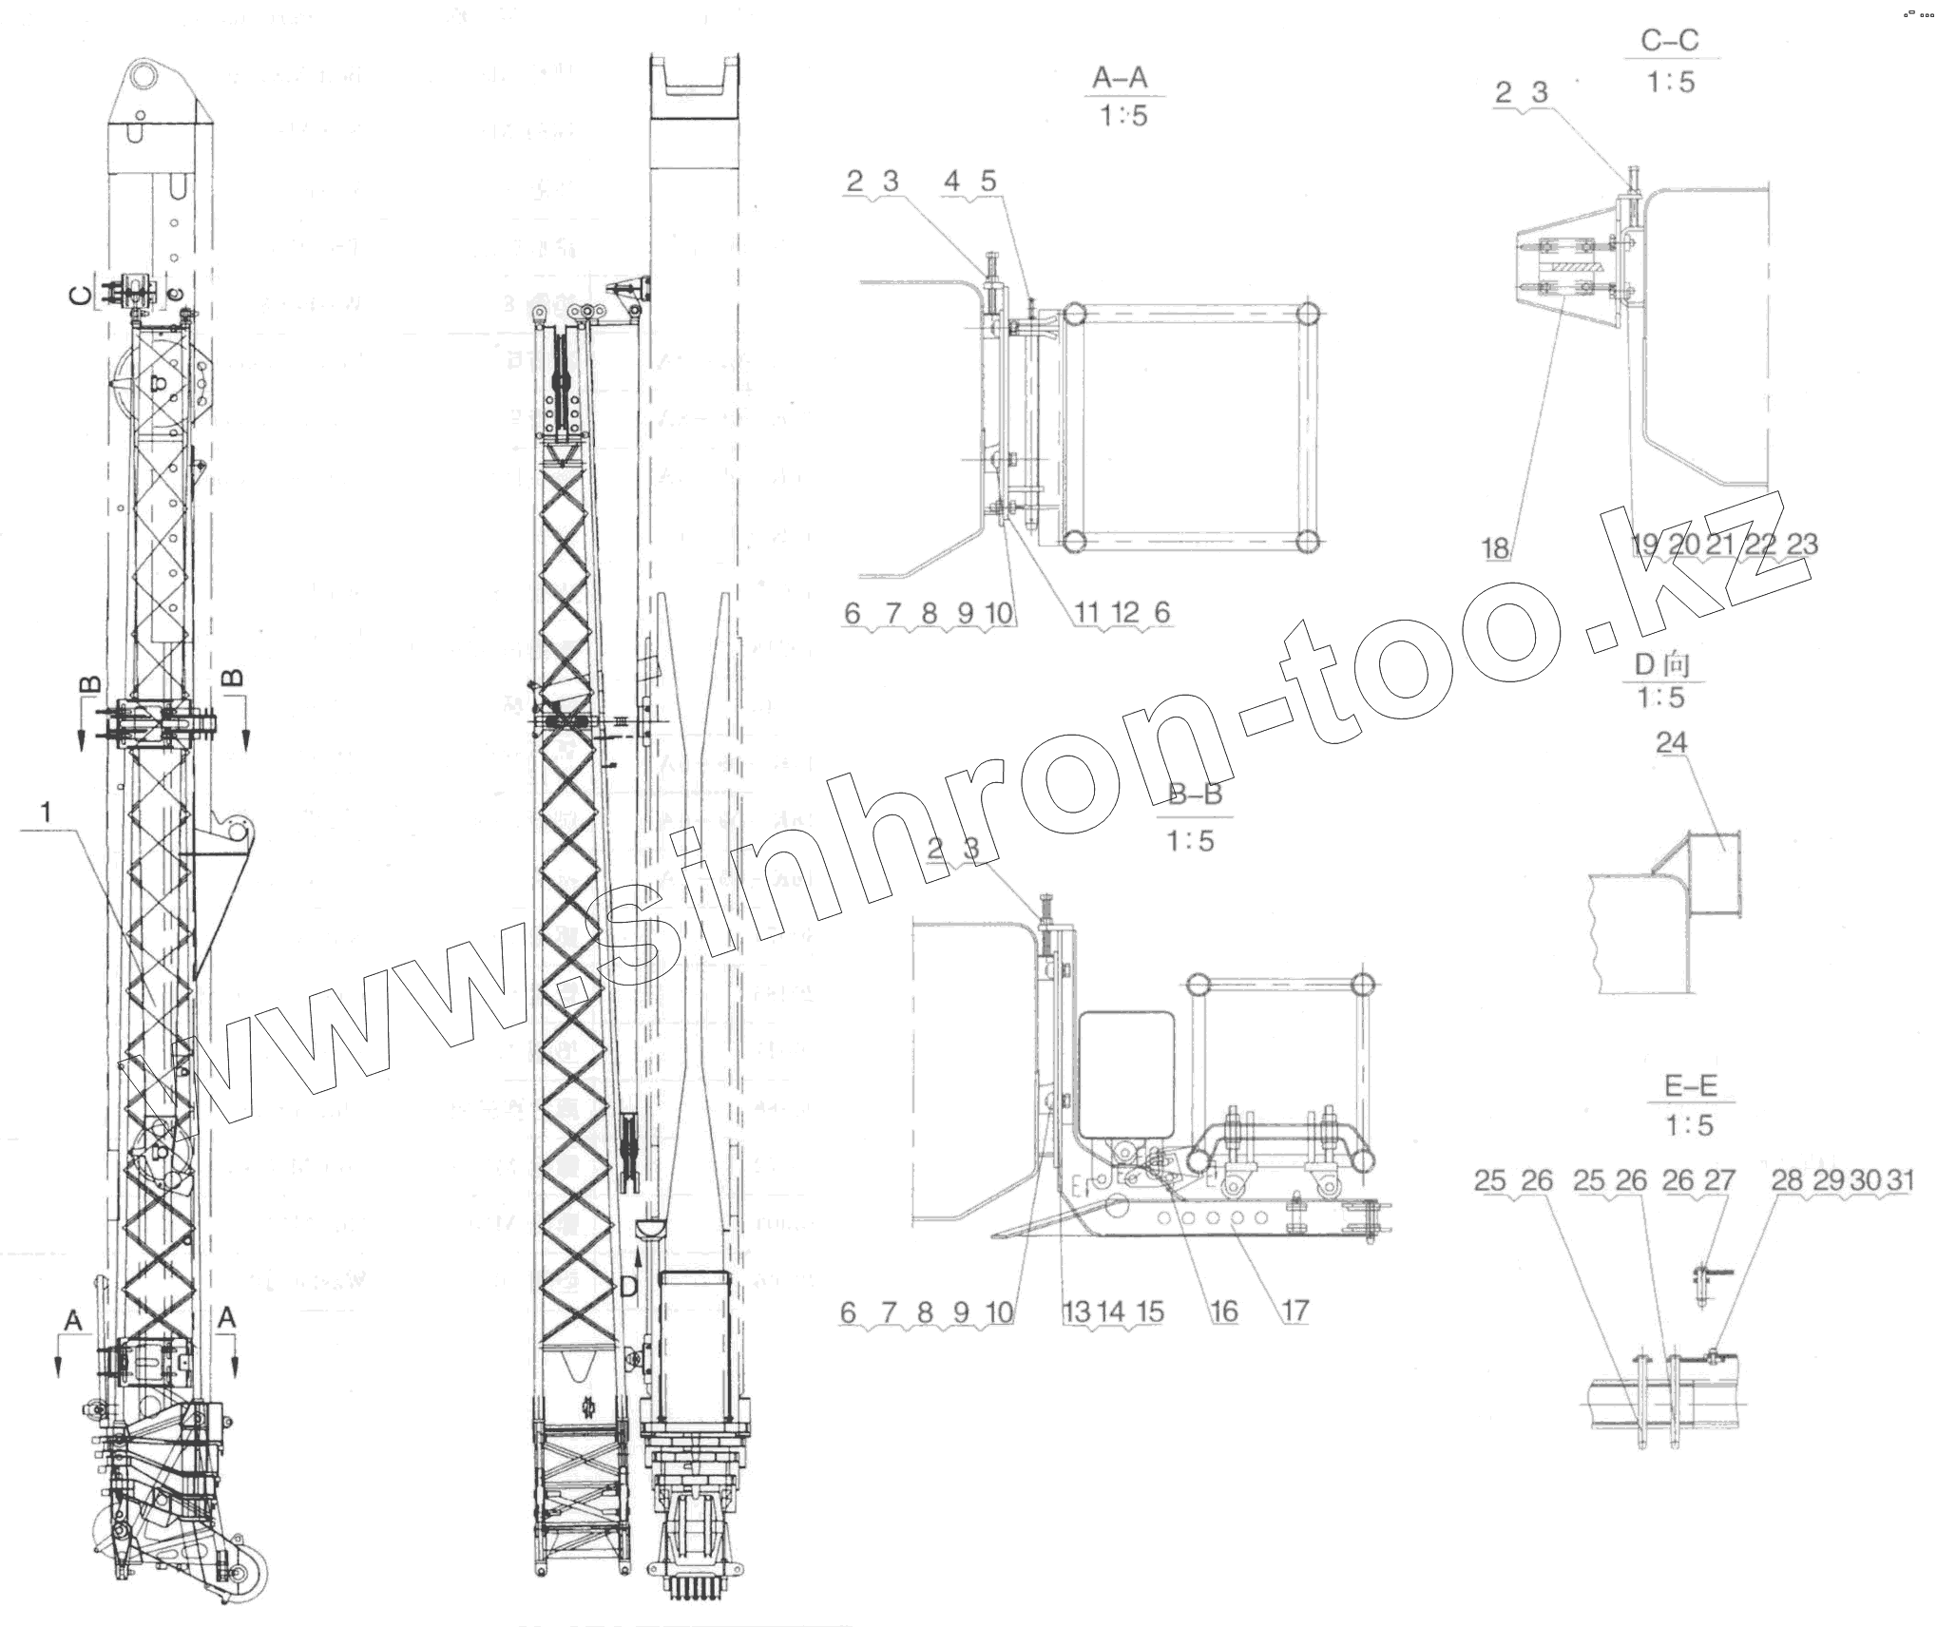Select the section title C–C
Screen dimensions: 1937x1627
tap(1669, 41)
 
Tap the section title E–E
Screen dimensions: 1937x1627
tap(1691, 1085)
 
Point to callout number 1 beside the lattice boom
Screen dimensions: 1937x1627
tap(45, 812)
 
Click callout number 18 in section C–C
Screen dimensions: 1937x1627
tap(1495, 547)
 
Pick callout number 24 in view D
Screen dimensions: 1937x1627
tap(1671, 742)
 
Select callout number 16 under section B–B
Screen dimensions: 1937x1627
tap(1224, 1311)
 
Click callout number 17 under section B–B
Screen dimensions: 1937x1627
tap(1295, 1311)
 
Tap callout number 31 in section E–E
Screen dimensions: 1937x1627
tap(1899, 1179)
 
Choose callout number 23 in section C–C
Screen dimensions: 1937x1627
tap(1802, 544)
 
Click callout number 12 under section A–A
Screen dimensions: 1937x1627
tap(1124, 613)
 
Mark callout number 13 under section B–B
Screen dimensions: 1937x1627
tap(1076, 1312)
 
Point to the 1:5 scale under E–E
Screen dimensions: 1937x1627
tap(1689, 1125)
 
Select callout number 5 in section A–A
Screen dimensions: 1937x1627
tap(988, 181)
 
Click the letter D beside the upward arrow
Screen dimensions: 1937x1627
tap(628, 1288)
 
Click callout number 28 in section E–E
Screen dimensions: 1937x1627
tap(1787, 1179)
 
